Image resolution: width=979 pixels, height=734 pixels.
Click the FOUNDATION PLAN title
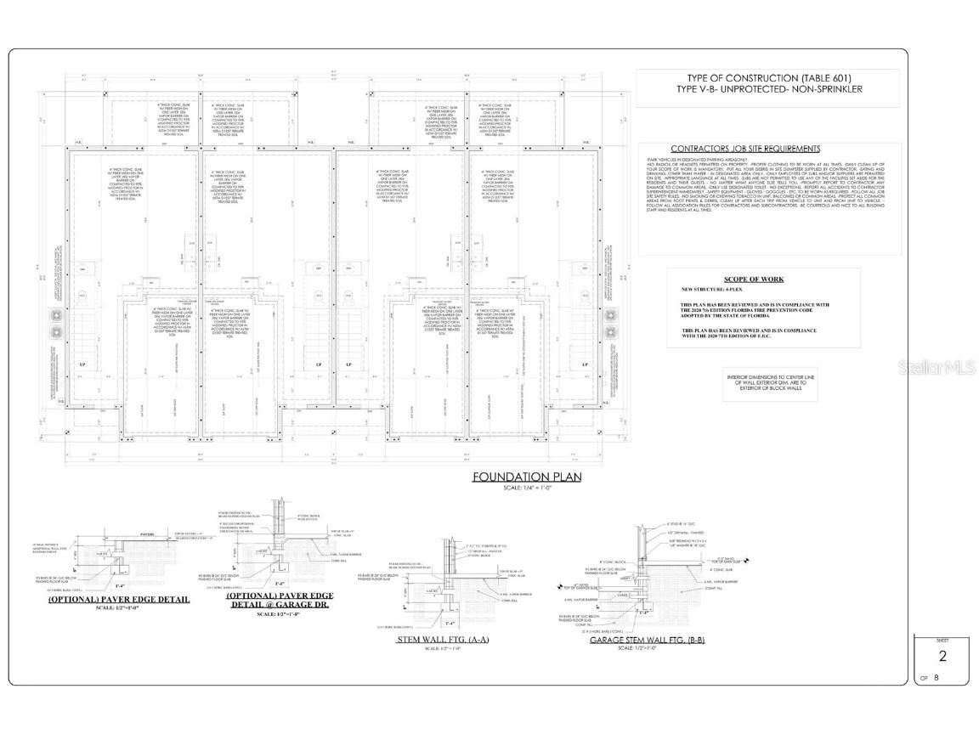[x=527, y=477]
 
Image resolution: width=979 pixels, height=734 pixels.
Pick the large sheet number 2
[x=942, y=655]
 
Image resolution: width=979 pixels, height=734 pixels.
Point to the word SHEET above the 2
[x=942, y=640]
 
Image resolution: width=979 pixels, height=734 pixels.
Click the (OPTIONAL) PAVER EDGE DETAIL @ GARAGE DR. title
[x=280, y=601]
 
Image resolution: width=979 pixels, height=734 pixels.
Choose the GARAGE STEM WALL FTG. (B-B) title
[x=648, y=640]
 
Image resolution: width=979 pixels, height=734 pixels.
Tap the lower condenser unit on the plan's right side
[x=609, y=331]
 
